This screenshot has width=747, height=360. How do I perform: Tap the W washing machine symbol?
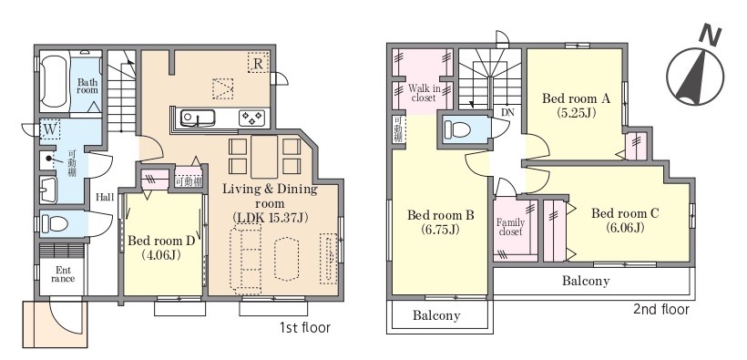pos(49,129)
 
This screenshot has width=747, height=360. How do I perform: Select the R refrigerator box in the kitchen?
pos(258,63)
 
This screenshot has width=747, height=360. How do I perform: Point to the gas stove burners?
pos(251,118)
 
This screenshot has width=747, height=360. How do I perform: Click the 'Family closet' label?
pos(510,227)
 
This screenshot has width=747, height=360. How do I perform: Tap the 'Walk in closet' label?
pos(424,93)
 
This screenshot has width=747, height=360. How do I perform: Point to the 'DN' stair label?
pos(507,113)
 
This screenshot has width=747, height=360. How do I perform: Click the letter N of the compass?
pos(711,36)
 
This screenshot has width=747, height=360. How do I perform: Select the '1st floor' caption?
pos(305,328)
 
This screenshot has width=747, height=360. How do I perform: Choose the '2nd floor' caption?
pos(661,310)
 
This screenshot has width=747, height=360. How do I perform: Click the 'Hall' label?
pos(105,197)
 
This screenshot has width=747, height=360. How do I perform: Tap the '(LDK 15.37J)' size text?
pos(271,218)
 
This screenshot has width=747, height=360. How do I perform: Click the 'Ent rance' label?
pos(63,273)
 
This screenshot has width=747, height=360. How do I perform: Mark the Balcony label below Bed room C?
pos(586,281)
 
